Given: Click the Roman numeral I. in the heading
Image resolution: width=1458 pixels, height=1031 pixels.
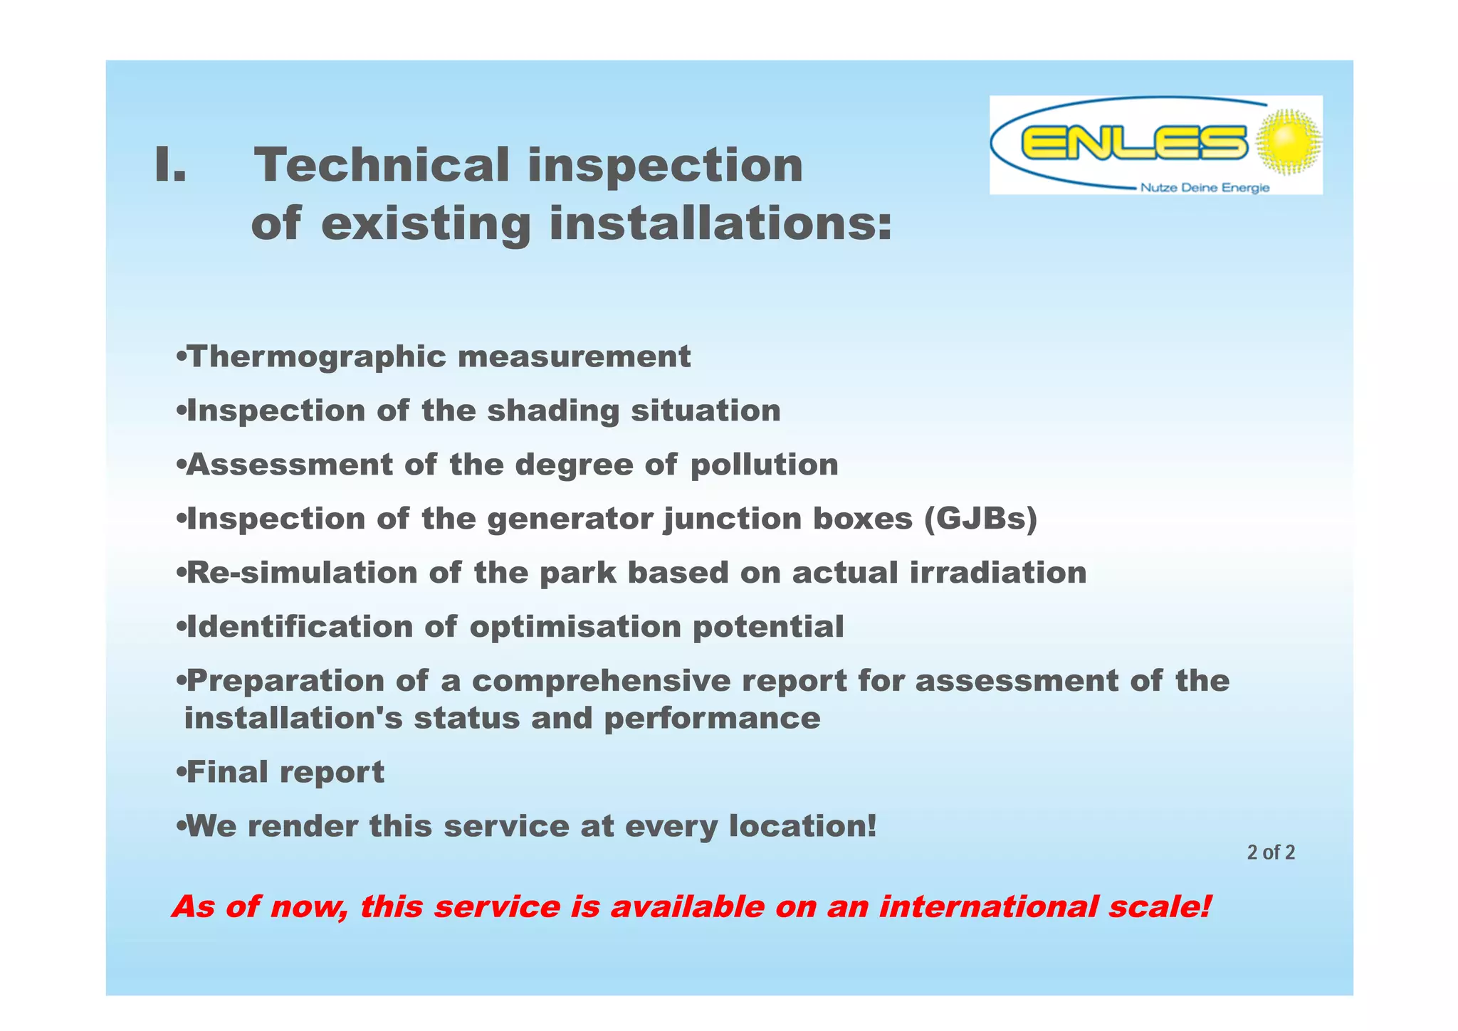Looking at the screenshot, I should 170,165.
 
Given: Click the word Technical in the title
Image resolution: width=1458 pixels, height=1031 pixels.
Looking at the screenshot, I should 382,165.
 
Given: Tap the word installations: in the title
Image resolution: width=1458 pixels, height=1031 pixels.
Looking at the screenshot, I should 720,223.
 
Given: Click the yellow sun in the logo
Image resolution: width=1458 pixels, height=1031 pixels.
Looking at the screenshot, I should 1287,142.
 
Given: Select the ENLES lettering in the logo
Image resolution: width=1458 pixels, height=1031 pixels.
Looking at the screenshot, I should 1133,142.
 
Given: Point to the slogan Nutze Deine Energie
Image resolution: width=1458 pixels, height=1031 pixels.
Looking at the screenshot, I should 1205,188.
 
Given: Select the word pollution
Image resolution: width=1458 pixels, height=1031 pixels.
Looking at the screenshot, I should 764,465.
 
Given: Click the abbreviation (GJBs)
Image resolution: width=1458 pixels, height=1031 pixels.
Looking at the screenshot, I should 980,519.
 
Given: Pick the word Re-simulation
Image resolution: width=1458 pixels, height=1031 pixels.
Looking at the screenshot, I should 301,573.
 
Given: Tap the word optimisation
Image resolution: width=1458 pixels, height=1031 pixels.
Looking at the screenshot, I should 575,627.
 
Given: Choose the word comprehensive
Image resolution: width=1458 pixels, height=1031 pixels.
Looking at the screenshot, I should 601,681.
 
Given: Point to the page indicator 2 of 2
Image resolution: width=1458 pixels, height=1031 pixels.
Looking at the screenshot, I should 1270,852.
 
